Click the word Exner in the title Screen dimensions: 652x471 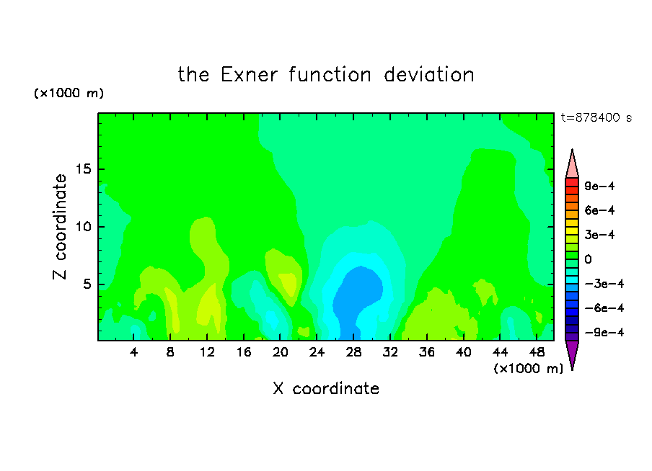point(249,75)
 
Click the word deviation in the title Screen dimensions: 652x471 point(428,75)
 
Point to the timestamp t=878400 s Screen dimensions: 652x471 point(596,118)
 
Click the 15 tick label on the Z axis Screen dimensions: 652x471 point(83,169)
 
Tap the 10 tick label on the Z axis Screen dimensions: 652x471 point(83,227)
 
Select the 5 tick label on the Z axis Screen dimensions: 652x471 point(87,284)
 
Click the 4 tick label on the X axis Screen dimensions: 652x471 point(133,353)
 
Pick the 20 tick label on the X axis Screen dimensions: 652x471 point(281,353)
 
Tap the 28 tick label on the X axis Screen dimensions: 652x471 point(353,353)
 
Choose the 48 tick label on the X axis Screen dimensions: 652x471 point(537,353)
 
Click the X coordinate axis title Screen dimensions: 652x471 point(326,389)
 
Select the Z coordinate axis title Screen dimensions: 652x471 point(60,227)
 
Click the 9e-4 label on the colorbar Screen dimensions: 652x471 point(599,186)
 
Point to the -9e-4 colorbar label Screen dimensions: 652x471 point(604,333)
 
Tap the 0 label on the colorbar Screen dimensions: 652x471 point(588,259)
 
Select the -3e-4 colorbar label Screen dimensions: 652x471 point(604,284)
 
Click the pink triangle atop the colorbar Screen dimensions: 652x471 point(572,166)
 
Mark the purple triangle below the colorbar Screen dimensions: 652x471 point(572,353)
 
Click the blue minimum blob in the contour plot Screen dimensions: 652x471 point(357,295)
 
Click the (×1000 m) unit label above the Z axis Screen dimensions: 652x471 point(69,93)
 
